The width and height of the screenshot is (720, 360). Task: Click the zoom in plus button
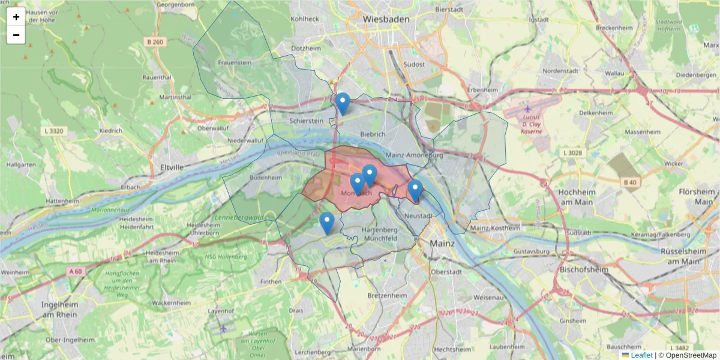click(x=16, y=17)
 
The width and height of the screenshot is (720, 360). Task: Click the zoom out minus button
click(x=16, y=35)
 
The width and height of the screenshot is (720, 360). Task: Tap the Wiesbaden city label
click(x=386, y=19)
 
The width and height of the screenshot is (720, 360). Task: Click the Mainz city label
click(x=442, y=244)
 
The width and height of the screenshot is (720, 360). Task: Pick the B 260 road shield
click(x=154, y=41)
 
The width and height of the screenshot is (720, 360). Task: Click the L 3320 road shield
click(x=55, y=130)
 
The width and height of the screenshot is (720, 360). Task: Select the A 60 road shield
click(x=75, y=271)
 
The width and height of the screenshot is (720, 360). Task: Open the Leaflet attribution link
click(x=641, y=355)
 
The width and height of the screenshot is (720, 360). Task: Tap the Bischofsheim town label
click(x=584, y=270)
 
